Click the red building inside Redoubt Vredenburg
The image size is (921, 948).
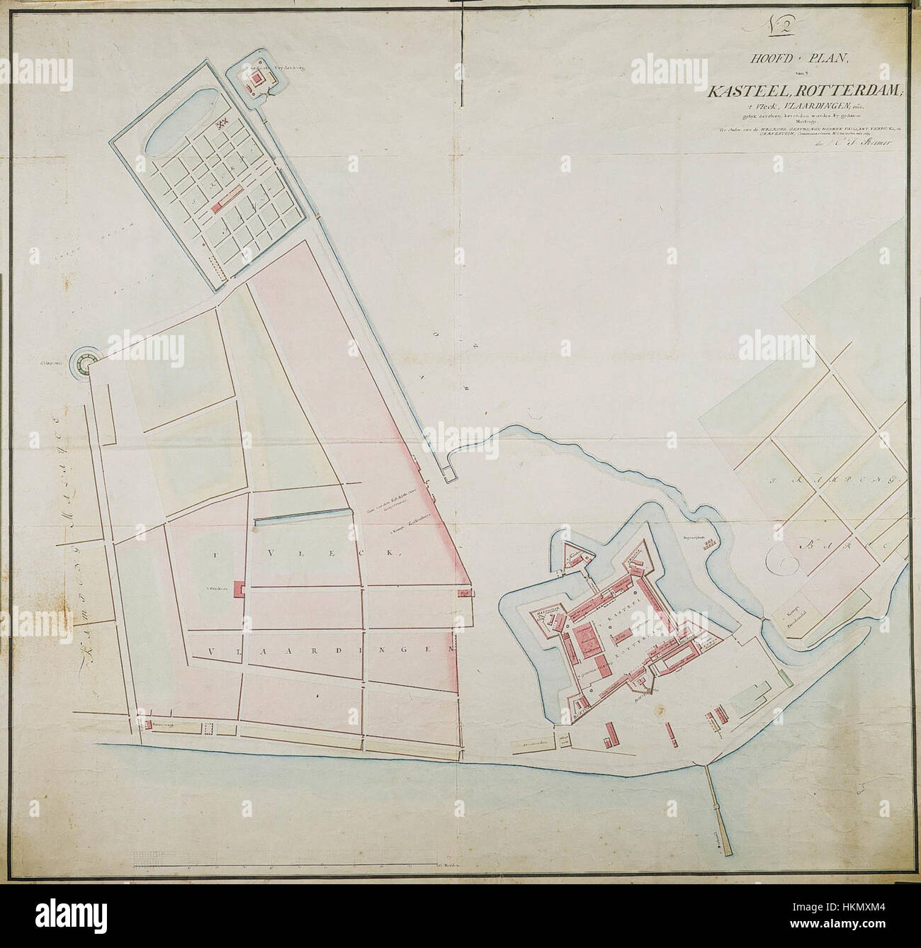pyautogui.click(x=252, y=80)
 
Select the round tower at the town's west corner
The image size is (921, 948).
pyautogui.click(x=86, y=363)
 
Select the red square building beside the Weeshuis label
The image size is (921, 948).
pyautogui.click(x=239, y=589)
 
